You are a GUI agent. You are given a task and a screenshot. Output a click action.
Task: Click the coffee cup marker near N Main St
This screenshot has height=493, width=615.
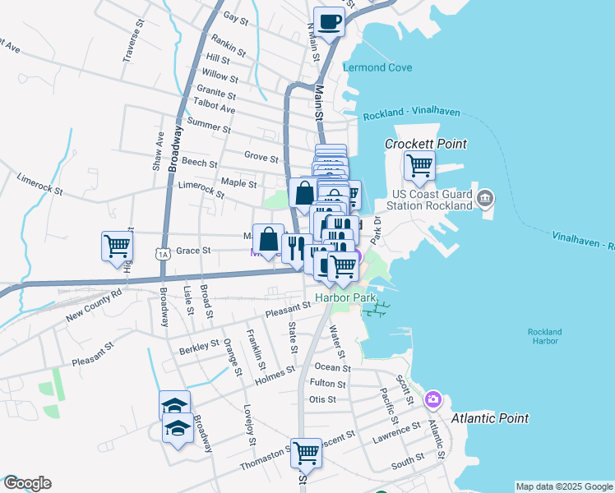tap(329, 22)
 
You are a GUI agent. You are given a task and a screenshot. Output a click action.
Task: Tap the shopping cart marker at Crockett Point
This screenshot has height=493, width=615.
tap(419, 167)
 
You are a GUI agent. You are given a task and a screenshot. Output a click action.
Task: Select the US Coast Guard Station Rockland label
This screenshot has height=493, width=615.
tap(428, 200)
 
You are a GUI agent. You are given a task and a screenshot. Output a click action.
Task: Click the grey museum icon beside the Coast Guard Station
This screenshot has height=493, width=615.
tap(485, 198)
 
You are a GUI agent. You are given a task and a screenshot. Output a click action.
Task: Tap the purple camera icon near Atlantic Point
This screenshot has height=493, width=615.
tap(433, 400)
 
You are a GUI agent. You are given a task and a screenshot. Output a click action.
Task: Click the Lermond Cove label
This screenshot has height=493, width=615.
tap(377, 67)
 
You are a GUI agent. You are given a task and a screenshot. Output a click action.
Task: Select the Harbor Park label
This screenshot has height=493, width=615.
tap(338, 297)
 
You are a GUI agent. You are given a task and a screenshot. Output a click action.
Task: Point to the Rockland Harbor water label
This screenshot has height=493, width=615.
tap(544, 337)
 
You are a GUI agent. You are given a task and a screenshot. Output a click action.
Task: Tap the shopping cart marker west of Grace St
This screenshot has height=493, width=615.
tap(117, 245)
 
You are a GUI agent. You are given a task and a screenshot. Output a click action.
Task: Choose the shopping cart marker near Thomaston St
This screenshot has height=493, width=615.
tap(306, 451)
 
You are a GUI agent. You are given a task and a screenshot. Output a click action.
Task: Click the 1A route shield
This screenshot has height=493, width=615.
tap(164, 255)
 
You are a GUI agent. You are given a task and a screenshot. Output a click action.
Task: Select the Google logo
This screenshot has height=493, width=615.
tap(26, 483)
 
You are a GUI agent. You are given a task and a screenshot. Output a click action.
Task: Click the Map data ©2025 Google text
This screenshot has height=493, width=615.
tap(564, 486)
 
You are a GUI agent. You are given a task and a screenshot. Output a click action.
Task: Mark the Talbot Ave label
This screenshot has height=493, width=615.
tap(214, 108)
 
